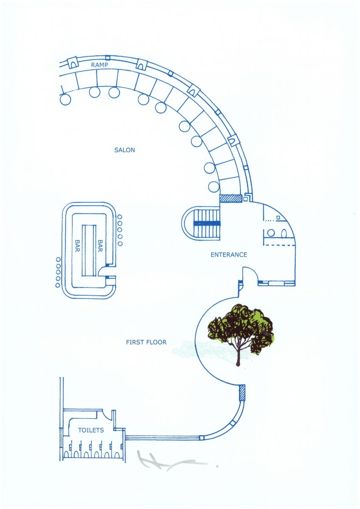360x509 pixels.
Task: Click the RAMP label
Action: pyautogui.click(x=99, y=65)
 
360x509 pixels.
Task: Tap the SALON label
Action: pyautogui.click(x=124, y=150)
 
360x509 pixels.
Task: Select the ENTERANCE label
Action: pyautogui.click(x=228, y=255)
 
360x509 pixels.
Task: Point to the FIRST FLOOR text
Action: pyautogui.click(x=146, y=342)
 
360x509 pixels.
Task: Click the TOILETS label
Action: pyautogui.click(x=91, y=431)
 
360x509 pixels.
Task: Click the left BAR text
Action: pyautogui.click(x=77, y=246)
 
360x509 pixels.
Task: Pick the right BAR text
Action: pyautogui.click(x=100, y=246)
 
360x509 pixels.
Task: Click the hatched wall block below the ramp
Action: pyautogui.click(x=231, y=198)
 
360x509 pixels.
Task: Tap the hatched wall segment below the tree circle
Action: pyautogui.click(x=242, y=393)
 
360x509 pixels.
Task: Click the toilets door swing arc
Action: pyautogui.click(x=107, y=416)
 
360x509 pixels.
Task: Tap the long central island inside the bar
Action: pyautogui.click(x=89, y=250)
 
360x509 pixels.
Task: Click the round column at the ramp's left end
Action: pyautogui.click(x=65, y=100)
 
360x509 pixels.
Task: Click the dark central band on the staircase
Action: pyautogui.click(x=207, y=224)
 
